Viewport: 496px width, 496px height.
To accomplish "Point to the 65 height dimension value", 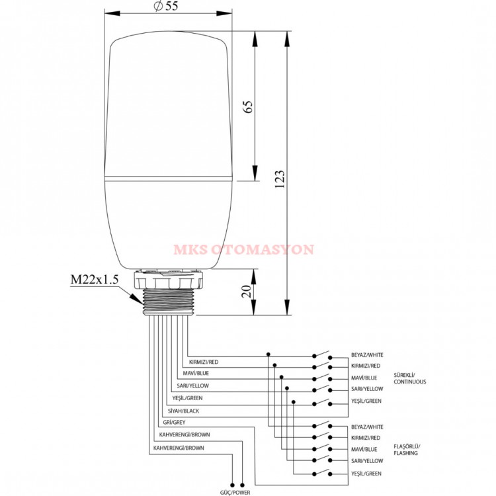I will tap(249, 106).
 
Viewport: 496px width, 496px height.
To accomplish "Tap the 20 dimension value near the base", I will tap(247, 291).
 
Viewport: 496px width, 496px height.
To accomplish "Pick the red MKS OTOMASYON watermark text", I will tap(244, 250).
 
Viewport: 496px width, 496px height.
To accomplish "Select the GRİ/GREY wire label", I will tap(171, 423).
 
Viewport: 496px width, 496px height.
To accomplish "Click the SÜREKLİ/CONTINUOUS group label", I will tap(409, 378).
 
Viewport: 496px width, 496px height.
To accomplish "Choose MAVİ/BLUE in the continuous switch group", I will tap(364, 378).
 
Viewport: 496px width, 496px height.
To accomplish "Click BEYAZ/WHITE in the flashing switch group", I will tap(367, 427).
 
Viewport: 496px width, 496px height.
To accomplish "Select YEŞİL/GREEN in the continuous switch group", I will tap(366, 401).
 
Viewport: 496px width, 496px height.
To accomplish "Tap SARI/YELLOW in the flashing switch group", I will tap(367, 460).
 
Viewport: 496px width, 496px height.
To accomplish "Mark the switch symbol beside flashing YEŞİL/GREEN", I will tap(323, 472).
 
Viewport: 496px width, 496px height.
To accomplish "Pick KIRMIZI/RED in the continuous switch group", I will tap(366, 366).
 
